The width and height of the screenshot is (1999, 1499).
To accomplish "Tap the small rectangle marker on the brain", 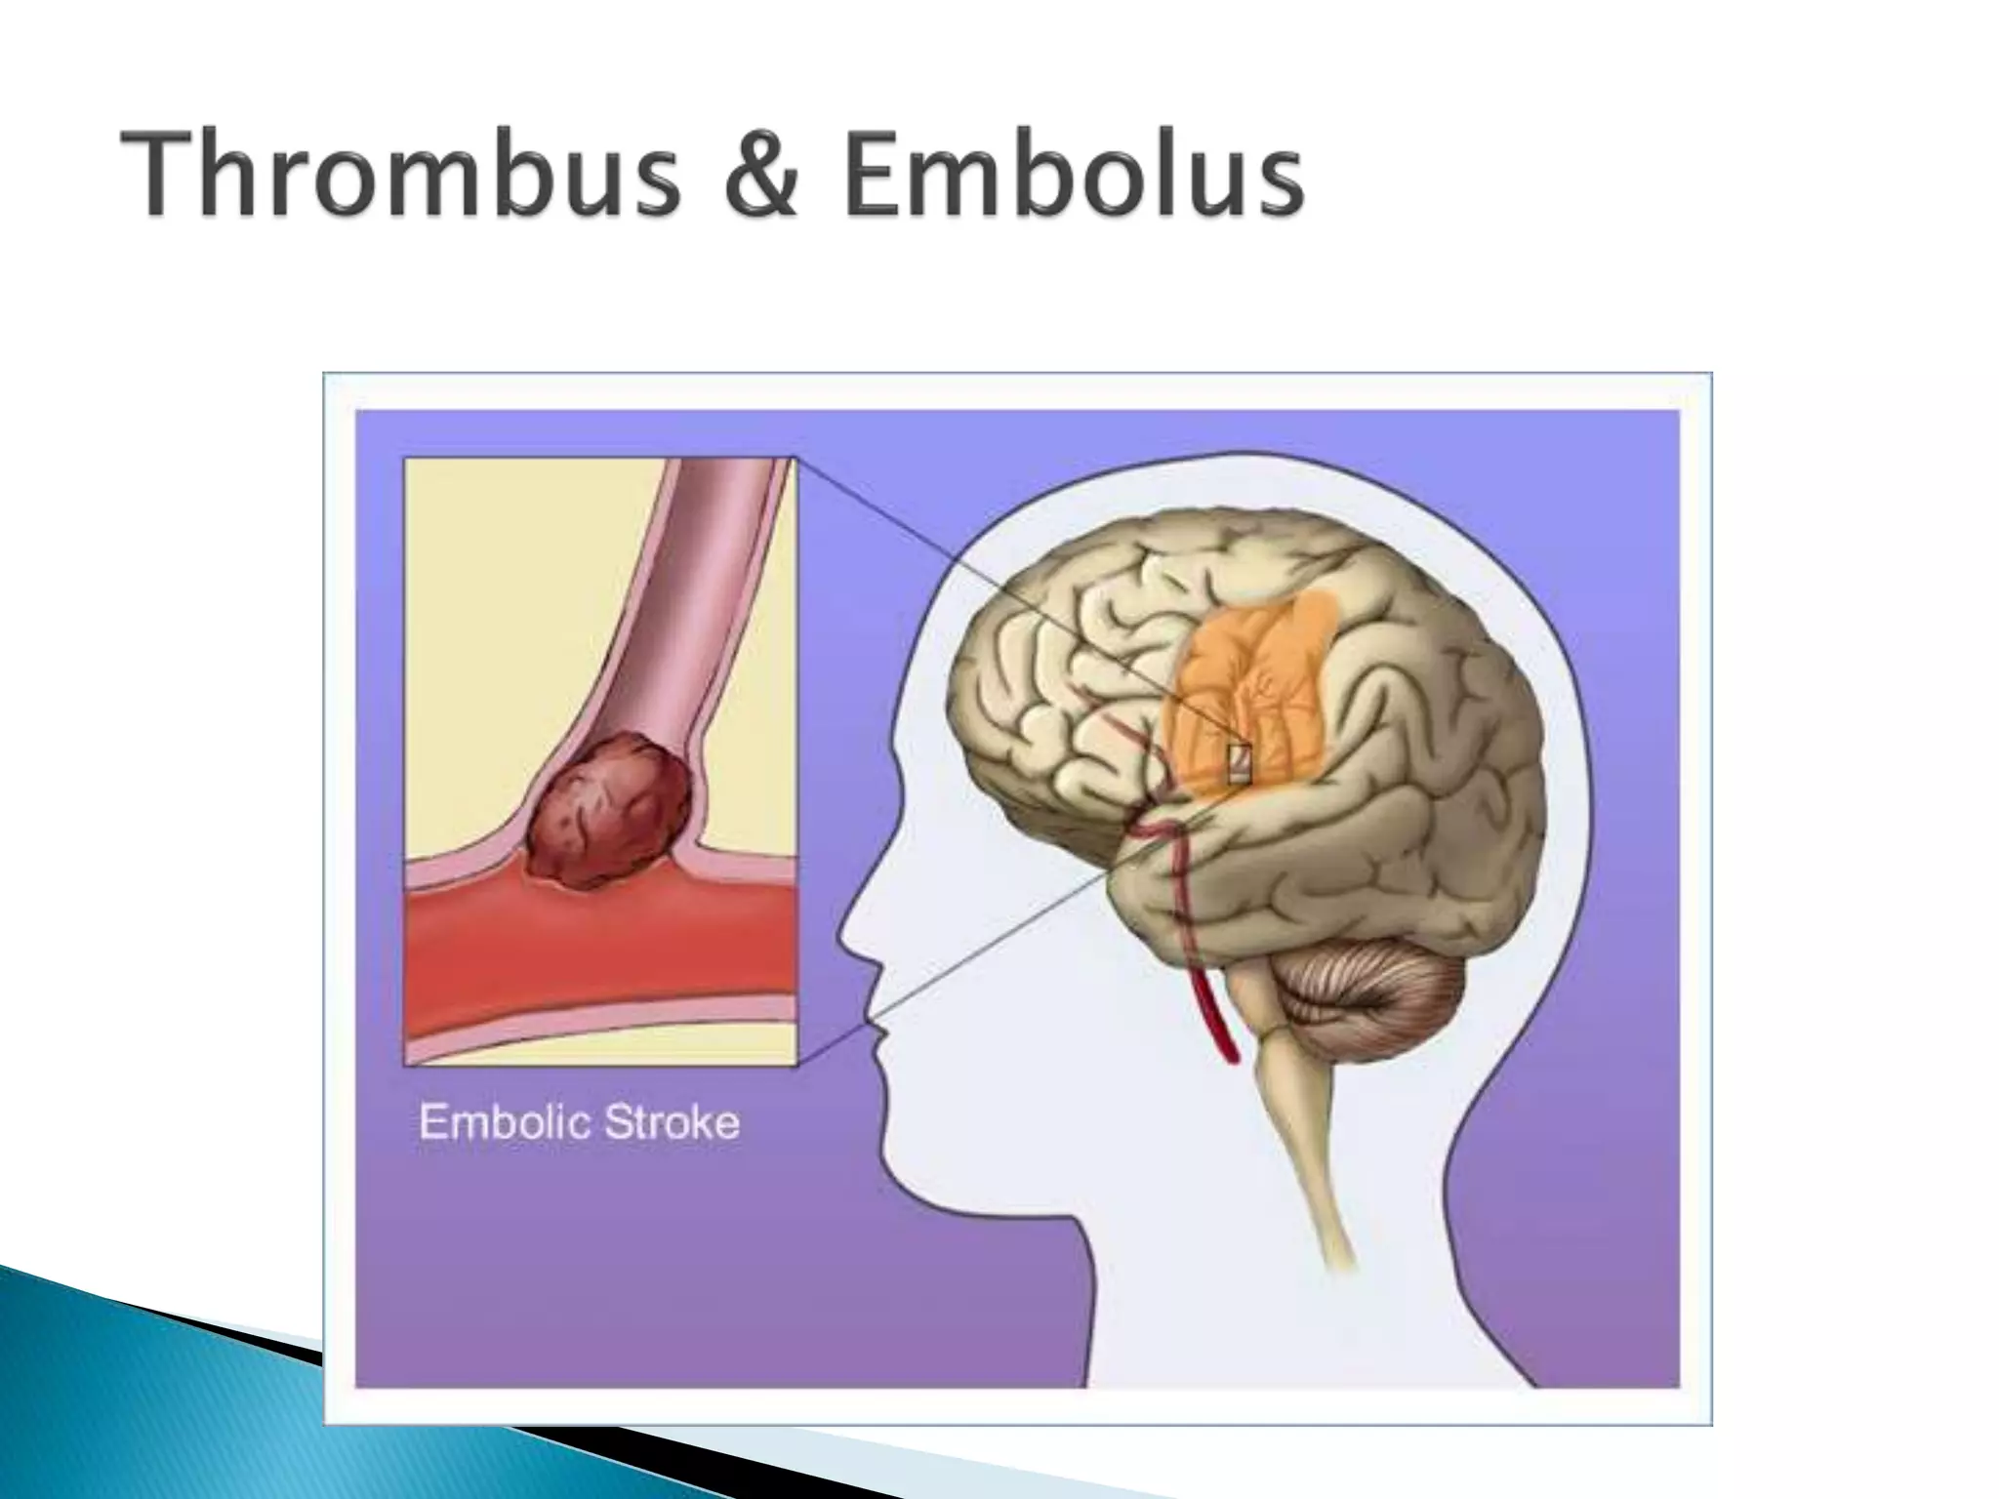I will click(x=1239, y=762).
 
